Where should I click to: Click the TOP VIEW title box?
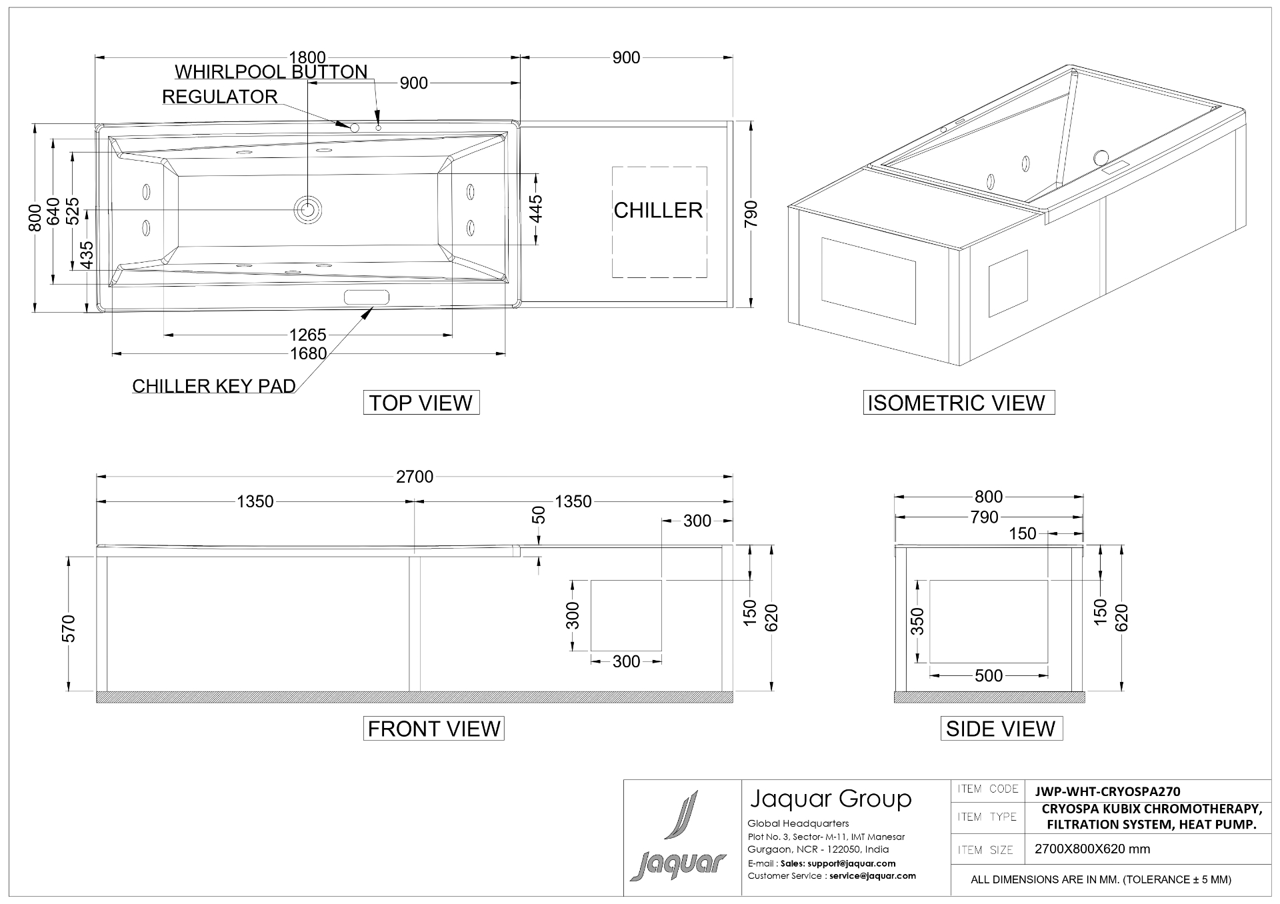[421, 403]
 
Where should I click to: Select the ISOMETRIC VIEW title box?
[959, 403]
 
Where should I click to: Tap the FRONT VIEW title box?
[433, 728]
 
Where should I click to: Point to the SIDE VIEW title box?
[1001, 728]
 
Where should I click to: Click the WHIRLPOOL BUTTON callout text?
[271, 71]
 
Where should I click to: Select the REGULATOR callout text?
[220, 97]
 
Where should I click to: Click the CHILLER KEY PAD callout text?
[214, 386]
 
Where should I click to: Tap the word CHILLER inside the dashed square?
[658, 211]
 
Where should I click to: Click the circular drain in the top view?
[308, 209]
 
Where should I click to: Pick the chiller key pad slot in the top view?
[366, 297]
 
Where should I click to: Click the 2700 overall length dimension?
[415, 477]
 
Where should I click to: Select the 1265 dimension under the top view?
[308, 334]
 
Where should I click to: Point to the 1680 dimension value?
[308, 353]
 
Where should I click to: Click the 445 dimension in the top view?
[536, 209]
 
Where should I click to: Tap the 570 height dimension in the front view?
[69, 628]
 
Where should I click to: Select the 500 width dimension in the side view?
[989, 675]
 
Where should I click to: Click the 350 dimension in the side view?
[918, 621]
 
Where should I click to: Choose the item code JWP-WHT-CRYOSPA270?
[1107, 791]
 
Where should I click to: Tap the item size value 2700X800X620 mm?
[1092, 849]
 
